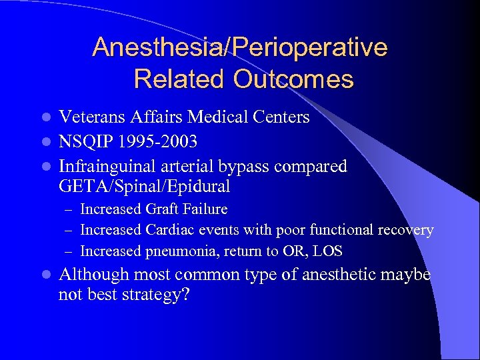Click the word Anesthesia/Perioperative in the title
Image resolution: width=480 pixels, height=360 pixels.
pyautogui.click(x=240, y=48)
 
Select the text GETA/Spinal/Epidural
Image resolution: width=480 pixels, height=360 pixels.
pyautogui.click(x=145, y=186)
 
